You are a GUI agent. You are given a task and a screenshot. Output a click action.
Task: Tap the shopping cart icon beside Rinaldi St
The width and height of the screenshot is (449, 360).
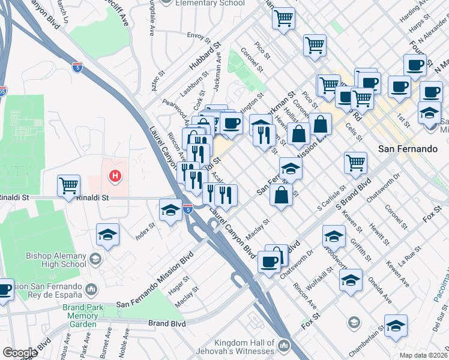pyautogui.click(x=69, y=185)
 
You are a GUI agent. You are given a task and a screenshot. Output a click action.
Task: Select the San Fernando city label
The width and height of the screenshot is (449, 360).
pyautogui.click(x=405, y=148)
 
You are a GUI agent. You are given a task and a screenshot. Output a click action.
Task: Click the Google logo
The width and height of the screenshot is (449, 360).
pyautogui.click(x=20, y=353)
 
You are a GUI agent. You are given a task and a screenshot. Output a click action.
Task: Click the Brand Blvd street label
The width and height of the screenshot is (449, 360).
pyautogui.click(x=169, y=323)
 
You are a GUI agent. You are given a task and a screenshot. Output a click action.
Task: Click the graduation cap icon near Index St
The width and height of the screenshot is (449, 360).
pyautogui.click(x=107, y=235)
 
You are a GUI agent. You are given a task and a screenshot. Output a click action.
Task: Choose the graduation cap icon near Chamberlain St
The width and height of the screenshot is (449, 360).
pyautogui.click(x=396, y=326)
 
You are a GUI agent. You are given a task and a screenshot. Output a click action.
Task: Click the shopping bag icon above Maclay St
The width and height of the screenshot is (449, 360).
pyautogui.click(x=282, y=195)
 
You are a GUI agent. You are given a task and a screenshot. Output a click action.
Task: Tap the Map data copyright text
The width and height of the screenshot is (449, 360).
pyautogui.click(x=424, y=355)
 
